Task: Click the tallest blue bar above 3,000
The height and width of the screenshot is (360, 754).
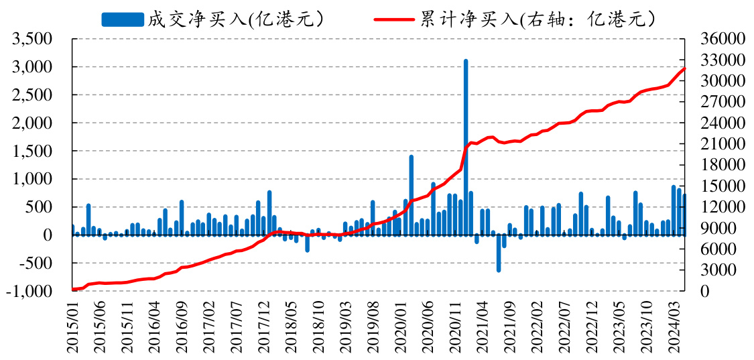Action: (466, 147)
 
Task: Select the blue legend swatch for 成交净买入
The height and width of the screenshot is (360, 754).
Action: (123, 19)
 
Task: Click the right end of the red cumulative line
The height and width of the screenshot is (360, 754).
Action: (684, 68)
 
